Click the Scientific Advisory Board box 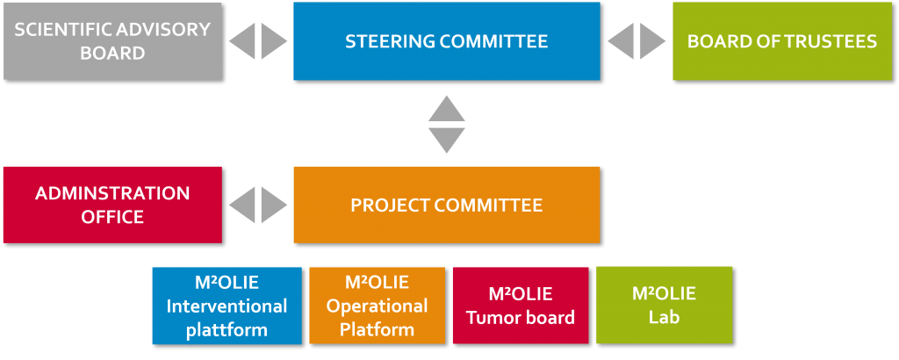[112, 41]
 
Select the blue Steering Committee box [446, 41]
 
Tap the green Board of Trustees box [781, 41]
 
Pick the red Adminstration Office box [112, 205]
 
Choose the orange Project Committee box [446, 205]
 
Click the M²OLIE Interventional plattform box [227, 306]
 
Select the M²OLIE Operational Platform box [377, 306]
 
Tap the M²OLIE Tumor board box [521, 306]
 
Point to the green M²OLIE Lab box [664, 305]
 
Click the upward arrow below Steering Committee [446, 110]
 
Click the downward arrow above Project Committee [446, 140]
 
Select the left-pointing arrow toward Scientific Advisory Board [242, 41]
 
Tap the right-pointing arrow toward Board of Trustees [652, 41]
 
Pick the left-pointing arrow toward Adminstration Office [242, 205]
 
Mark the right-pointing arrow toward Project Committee [273, 205]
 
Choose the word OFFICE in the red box [112, 216]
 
